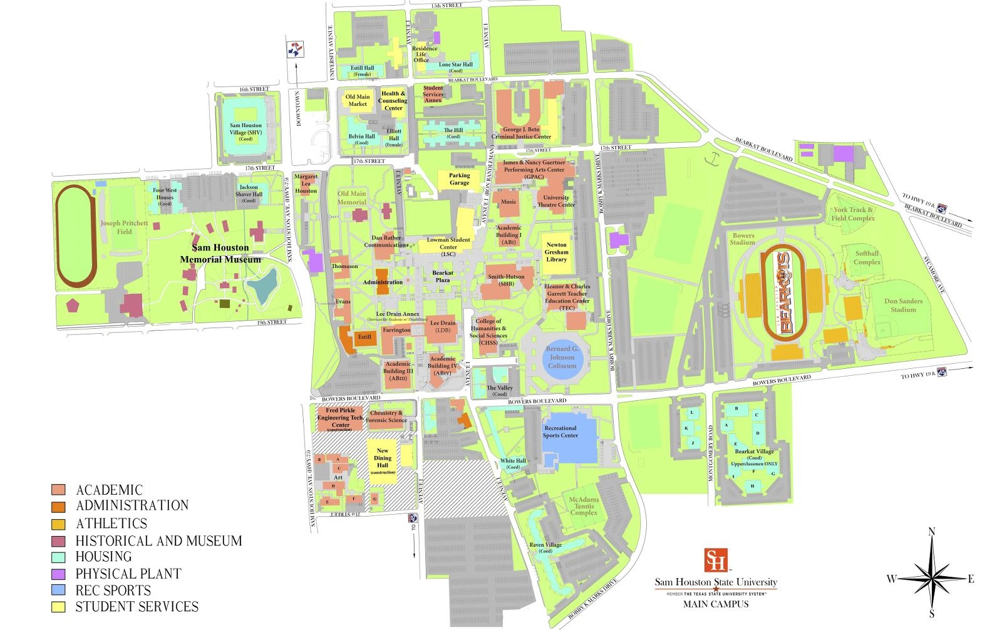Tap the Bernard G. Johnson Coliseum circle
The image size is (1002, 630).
pyautogui.click(x=562, y=358)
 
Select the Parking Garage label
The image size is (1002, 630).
pyautogui.click(x=459, y=179)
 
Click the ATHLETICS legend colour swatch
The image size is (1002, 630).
pyautogui.click(x=59, y=524)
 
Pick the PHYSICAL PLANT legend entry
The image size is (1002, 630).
pyautogui.click(x=128, y=574)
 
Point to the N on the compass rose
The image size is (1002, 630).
pyautogui.click(x=931, y=532)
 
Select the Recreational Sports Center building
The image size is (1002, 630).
pyautogui.click(x=567, y=438)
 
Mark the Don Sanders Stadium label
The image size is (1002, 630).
pyautogui.click(x=903, y=305)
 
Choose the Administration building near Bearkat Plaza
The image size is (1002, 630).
pyautogui.click(x=382, y=282)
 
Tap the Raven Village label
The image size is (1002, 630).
pyautogui.click(x=545, y=548)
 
